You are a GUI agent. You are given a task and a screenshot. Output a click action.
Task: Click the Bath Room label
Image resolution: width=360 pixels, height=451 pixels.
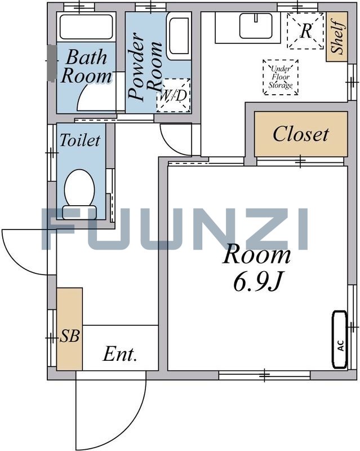86,67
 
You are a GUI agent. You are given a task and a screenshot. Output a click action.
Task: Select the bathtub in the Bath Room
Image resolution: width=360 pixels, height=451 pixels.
86,26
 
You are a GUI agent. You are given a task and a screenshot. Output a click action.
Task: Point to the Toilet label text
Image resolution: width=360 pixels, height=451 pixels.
79,140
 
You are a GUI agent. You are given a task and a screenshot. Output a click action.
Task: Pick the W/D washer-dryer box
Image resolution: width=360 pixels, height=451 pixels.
174,95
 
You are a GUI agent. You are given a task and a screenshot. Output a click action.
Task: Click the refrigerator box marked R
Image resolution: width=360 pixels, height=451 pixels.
305,31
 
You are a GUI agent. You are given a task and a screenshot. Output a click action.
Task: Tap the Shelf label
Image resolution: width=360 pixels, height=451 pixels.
337,37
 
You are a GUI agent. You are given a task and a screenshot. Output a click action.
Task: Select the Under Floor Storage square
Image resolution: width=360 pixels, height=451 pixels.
281,77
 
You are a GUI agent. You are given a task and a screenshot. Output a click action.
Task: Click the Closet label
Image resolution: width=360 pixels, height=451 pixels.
300,134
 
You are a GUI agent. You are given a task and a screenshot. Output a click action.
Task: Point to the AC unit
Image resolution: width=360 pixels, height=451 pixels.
340,339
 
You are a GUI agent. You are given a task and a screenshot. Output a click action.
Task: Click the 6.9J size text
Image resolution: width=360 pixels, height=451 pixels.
257,281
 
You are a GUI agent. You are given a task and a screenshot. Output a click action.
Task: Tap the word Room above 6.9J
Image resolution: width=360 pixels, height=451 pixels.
256,255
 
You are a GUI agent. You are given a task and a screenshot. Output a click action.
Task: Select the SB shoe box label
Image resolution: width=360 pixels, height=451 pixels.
69,335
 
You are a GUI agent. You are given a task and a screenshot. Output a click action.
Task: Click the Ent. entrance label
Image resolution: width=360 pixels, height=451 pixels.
119,355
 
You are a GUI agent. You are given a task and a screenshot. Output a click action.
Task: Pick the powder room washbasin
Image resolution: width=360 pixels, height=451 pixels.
179,36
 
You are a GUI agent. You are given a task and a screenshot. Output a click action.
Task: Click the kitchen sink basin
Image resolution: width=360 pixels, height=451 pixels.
256,26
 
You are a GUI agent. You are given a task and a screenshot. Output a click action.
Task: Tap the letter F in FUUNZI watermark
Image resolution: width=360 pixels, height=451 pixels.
59,229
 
